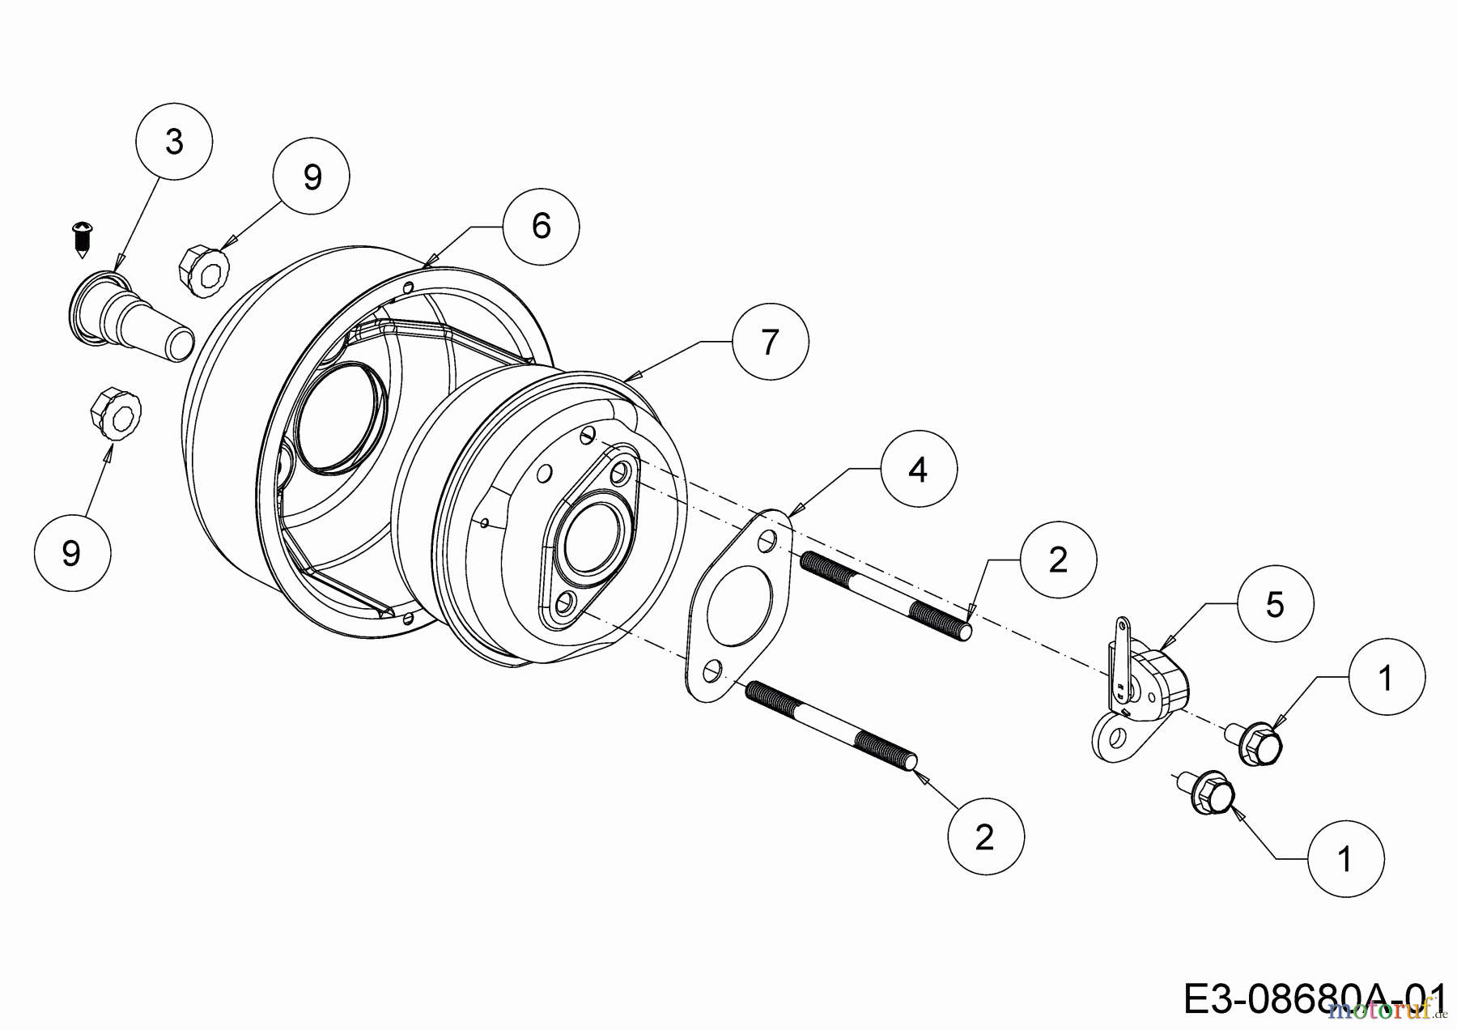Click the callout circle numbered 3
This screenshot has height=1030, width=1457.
(174, 142)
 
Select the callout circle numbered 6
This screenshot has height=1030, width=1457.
(541, 225)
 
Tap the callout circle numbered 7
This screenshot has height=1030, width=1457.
(770, 342)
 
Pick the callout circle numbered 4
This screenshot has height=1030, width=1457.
(919, 470)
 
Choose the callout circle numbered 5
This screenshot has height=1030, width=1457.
(1275, 604)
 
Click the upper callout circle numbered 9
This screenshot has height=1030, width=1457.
(312, 177)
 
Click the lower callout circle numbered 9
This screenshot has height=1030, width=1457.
(72, 553)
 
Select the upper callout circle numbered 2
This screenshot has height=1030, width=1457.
(1058, 560)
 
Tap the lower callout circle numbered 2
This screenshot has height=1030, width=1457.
(985, 836)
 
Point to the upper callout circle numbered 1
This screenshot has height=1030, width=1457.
(1386, 677)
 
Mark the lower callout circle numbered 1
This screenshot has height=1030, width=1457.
(1345, 858)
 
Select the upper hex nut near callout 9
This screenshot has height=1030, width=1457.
(202, 264)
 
